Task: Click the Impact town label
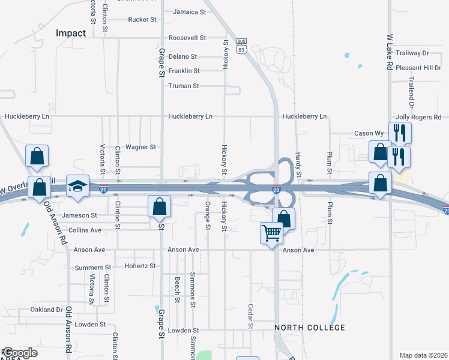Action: click(71, 33)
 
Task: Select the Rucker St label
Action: click(142, 19)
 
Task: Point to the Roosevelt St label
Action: click(187, 37)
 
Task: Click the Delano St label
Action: click(182, 56)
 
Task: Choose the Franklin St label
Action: click(184, 71)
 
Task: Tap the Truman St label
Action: click(184, 86)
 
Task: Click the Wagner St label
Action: click(140, 146)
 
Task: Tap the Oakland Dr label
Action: click(46, 310)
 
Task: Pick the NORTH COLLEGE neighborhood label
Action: click(310, 328)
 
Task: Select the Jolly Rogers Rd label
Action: click(418, 117)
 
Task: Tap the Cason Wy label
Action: click(369, 133)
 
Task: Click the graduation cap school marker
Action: click(78, 186)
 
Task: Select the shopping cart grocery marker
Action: click(271, 232)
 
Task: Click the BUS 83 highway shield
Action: click(241, 46)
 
